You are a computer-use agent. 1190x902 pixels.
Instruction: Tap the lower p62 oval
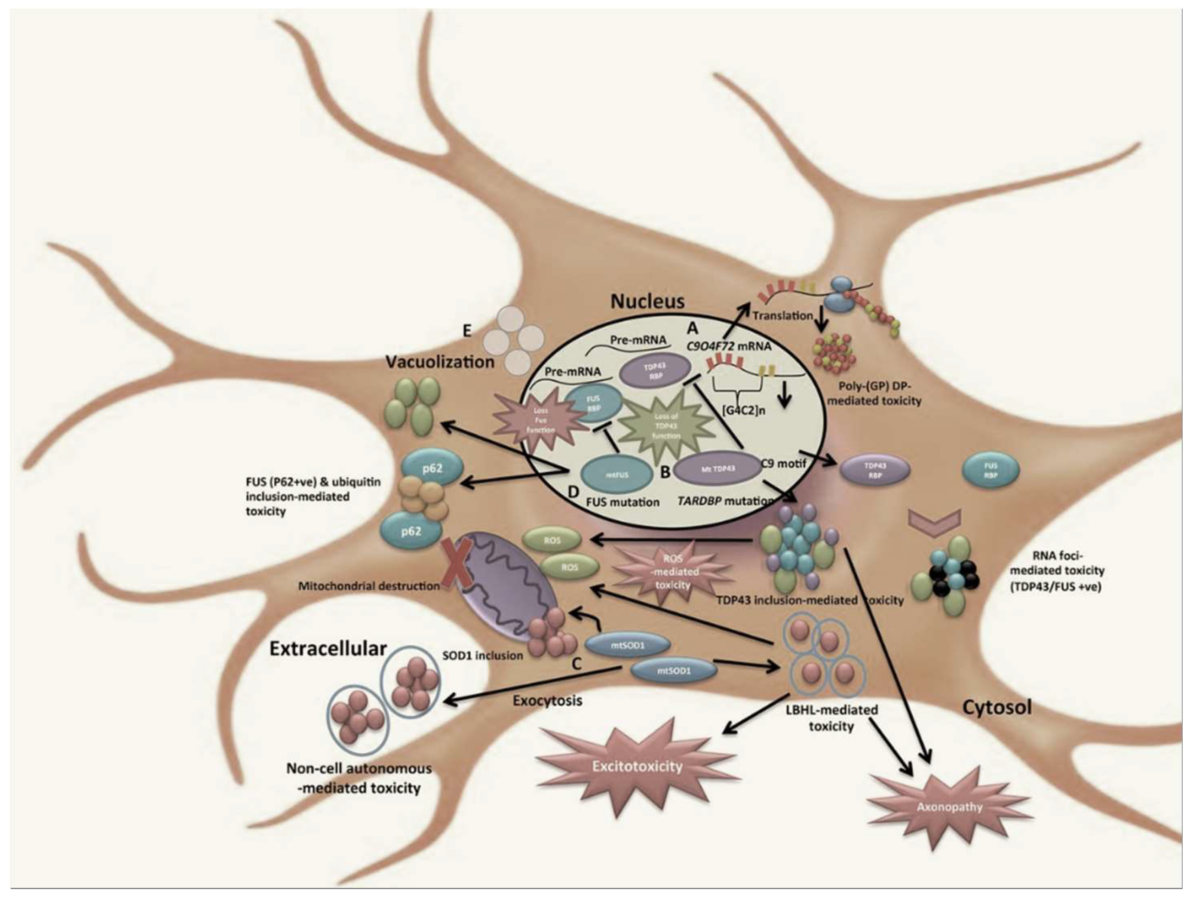411,531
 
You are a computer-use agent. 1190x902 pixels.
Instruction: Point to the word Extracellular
328,649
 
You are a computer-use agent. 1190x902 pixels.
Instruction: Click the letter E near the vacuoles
467,330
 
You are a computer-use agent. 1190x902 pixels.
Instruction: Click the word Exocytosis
547,701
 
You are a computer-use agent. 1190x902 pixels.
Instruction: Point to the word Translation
782,316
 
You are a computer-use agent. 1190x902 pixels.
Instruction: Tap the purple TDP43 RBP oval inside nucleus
655,370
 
